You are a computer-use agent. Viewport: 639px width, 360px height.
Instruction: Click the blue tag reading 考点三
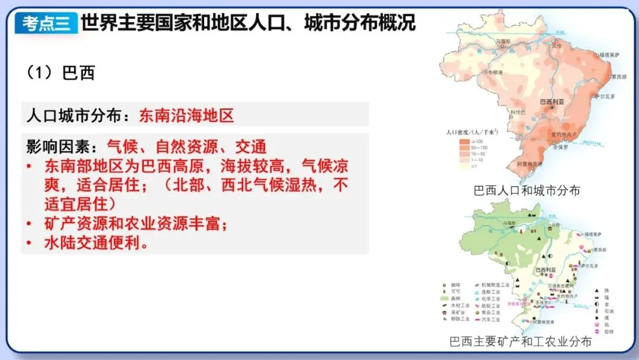pyautogui.click(x=46, y=23)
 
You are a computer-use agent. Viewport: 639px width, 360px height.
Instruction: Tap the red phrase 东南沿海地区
pyautogui.click(x=186, y=115)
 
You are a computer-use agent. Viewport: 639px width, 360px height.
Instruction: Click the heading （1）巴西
pyautogui.click(x=60, y=73)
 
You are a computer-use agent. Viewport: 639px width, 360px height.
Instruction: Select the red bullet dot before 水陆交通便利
pyautogui.click(x=30, y=243)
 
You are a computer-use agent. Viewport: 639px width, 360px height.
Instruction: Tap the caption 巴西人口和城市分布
pyautogui.click(x=527, y=191)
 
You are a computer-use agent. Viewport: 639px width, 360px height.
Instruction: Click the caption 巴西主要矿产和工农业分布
pyautogui.click(x=520, y=342)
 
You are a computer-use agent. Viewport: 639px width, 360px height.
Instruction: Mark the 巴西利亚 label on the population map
pyautogui.click(x=552, y=101)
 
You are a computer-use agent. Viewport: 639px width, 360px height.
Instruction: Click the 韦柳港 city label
pyautogui.click(x=495, y=70)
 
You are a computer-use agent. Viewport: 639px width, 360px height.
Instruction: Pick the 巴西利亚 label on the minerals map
pyautogui.click(x=546, y=269)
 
